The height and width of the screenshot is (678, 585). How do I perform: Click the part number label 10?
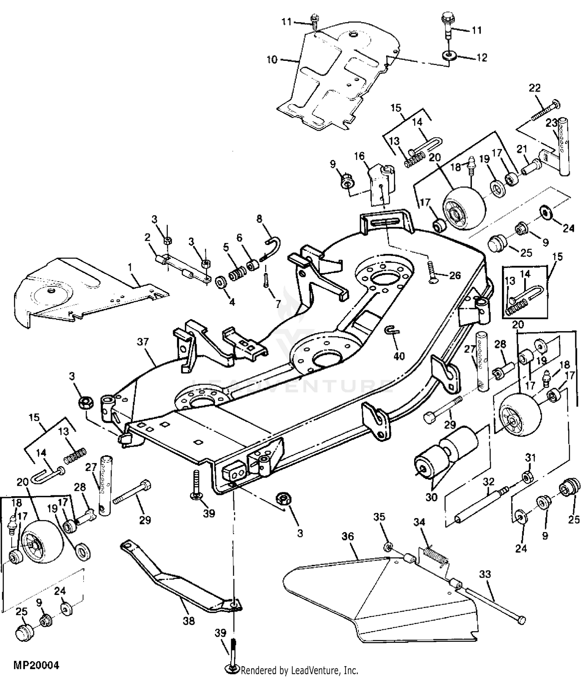272,60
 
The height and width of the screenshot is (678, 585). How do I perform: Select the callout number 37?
143,342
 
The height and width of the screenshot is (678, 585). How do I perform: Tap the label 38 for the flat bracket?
189,620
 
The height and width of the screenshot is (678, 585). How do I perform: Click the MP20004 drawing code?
36,665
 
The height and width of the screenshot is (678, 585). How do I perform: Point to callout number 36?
347,536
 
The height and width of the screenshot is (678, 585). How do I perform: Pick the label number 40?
399,356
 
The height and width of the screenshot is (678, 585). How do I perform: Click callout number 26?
455,276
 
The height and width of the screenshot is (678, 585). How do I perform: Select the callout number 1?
130,268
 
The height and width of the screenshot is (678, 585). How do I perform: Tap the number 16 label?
359,156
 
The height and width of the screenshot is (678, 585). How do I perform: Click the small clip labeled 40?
392,331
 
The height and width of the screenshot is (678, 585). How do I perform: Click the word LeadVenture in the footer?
310,670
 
